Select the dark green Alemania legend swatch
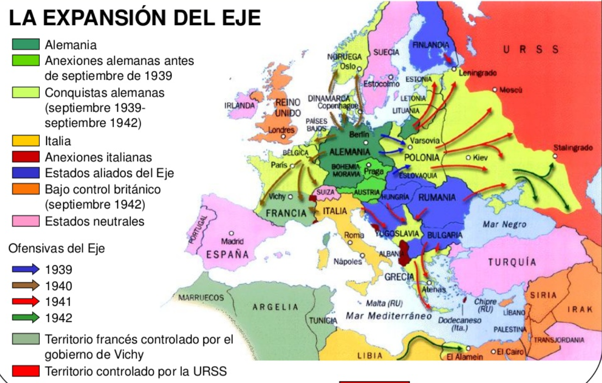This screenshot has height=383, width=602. tap(26, 45)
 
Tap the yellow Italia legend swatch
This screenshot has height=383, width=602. tap(26, 141)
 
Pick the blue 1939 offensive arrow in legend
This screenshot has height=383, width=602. tap(26, 269)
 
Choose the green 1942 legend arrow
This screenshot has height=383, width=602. tap(26, 318)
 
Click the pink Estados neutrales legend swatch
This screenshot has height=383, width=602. tap(26, 221)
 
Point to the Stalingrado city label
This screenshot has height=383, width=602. tap(573, 148)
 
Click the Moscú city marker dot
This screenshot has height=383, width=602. tap(495, 90)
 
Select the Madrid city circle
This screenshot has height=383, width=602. tap(232, 233)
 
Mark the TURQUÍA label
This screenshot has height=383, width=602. tap(512, 262)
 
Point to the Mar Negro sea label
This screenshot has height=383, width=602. tap(505, 224)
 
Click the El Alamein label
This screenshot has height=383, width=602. tap(465, 357)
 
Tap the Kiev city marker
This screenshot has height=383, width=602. tap(468, 158)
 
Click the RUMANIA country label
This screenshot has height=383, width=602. tap(437, 197)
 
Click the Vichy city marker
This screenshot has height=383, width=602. tap(290, 196)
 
